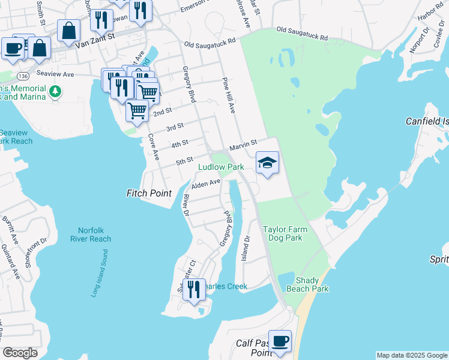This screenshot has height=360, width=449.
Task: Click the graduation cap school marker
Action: [x=267, y=162]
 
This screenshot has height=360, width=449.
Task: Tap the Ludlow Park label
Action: [x=221, y=166]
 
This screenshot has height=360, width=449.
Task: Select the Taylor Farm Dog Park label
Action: [x=283, y=233]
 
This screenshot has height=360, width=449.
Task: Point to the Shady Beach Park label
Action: [x=312, y=284]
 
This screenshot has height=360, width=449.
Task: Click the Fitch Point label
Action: [x=149, y=193]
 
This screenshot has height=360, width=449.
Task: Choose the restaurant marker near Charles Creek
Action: [x=193, y=290]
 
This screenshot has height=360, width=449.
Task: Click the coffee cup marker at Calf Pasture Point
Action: [x=280, y=342]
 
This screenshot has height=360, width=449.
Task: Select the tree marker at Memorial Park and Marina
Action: [x=55, y=91]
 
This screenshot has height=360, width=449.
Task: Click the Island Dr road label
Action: [x=245, y=246]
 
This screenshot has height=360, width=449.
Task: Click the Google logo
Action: [x=20, y=353]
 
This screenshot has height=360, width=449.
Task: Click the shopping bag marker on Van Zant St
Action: [x=69, y=31]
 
